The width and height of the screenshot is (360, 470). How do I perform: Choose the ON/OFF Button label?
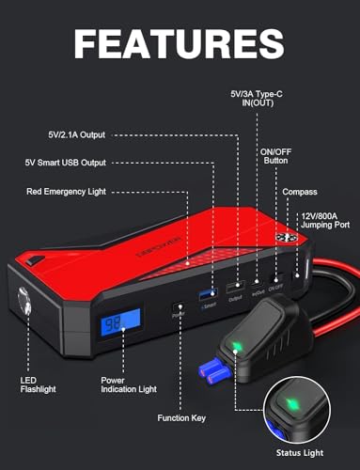click(275, 154)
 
